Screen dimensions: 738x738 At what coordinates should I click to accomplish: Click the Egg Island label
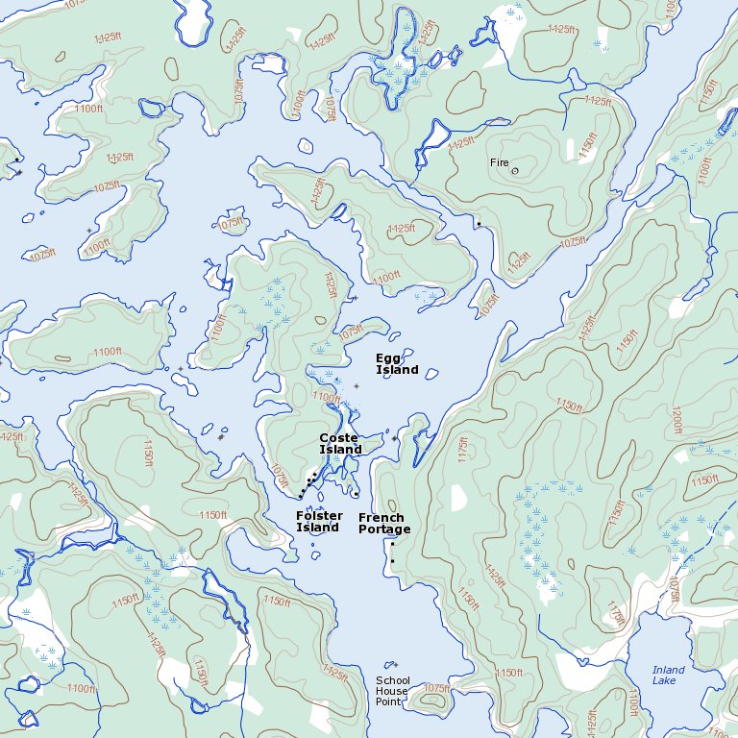pyautogui.click(x=396, y=364)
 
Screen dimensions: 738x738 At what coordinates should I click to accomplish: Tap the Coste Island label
pyautogui.click(x=340, y=444)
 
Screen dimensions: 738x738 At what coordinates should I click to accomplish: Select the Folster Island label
pyautogui.click(x=319, y=522)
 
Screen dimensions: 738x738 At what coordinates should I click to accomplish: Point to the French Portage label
pyautogui.click(x=384, y=524)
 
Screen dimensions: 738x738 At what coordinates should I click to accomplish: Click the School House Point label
pyautogui.click(x=392, y=691)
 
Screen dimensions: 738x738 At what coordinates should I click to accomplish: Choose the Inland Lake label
pyautogui.click(x=669, y=676)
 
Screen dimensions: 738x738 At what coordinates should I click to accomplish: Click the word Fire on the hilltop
pyautogui.click(x=499, y=162)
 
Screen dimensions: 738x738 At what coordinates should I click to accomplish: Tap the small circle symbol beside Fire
pyautogui.click(x=515, y=171)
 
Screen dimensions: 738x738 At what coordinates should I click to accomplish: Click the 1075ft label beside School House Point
pyautogui.click(x=435, y=689)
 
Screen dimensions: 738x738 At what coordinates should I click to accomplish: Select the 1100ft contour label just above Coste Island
pyautogui.click(x=327, y=398)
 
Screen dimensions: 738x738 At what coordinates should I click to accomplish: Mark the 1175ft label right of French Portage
pyautogui.click(x=462, y=452)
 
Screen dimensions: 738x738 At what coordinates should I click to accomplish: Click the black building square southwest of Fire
pyautogui.click(x=479, y=224)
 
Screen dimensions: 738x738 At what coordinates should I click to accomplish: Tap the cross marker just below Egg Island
pyautogui.click(x=357, y=386)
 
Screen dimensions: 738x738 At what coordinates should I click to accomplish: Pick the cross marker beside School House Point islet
pyautogui.click(x=394, y=664)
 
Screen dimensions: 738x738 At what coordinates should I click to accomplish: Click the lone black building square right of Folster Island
pyautogui.click(x=357, y=494)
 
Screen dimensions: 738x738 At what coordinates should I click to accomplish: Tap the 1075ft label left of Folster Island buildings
pyautogui.click(x=280, y=476)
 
